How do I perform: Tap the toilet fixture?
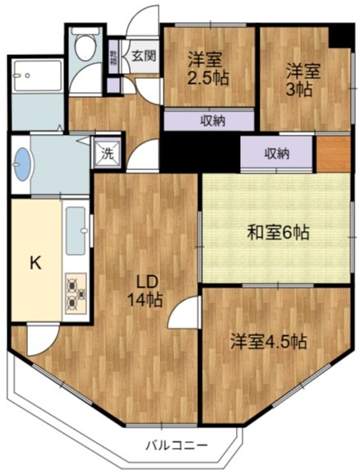pos(82,48)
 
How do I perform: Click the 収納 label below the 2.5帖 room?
pos(212,121)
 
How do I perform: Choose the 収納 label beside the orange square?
pos(276,154)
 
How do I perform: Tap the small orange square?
pos(331,153)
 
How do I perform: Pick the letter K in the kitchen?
pos(35,263)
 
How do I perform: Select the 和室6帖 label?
pos(278,233)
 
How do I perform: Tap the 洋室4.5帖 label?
pos(268,341)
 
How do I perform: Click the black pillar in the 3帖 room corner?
pos(339,36)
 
